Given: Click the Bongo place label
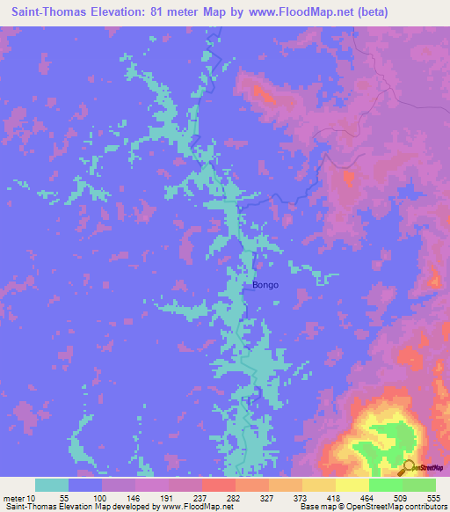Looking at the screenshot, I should tap(265, 285).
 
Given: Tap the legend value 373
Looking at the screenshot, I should tap(301, 496).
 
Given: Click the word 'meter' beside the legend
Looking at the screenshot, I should tap(13, 496).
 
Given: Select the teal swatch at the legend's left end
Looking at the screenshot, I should tap(52, 485).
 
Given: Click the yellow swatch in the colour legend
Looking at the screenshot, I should tap(352, 485).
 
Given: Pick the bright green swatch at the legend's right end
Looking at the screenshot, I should tap(418, 485).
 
